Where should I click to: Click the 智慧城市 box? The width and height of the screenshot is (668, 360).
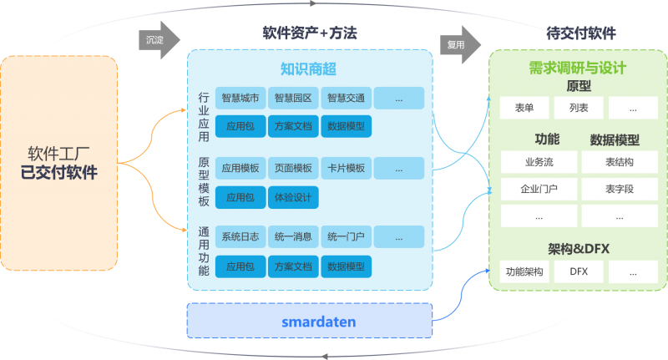pyautogui.click(x=240, y=99)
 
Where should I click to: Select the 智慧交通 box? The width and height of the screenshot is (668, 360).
pyautogui.click(x=345, y=99)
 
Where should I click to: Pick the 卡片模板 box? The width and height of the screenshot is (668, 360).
pyautogui.click(x=345, y=169)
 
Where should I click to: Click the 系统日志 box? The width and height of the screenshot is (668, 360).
pyautogui.click(x=240, y=237)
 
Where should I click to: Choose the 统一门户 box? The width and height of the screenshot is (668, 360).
pyautogui.click(x=345, y=237)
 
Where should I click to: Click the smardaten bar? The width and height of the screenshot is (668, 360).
pyautogui.click(x=308, y=321)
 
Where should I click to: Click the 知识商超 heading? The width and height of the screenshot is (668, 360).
pyautogui.click(x=308, y=68)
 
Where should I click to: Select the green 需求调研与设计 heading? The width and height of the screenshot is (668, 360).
pyautogui.click(x=578, y=68)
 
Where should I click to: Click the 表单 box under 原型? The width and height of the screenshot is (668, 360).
pyautogui.click(x=524, y=108)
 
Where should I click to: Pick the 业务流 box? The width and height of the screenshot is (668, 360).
pyautogui.click(x=538, y=162)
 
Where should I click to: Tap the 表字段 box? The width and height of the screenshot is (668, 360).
pyautogui.click(x=620, y=190)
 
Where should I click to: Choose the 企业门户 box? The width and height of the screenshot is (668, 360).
pyautogui.click(x=538, y=190)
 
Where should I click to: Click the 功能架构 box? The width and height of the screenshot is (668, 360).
pyautogui.click(x=524, y=271)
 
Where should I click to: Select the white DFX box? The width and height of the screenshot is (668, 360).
pyautogui.click(x=579, y=271)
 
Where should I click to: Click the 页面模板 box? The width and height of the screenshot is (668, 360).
pyautogui.click(x=292, y=169)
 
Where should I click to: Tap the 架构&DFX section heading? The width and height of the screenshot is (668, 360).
pyautogui.click(x=579, y=248)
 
